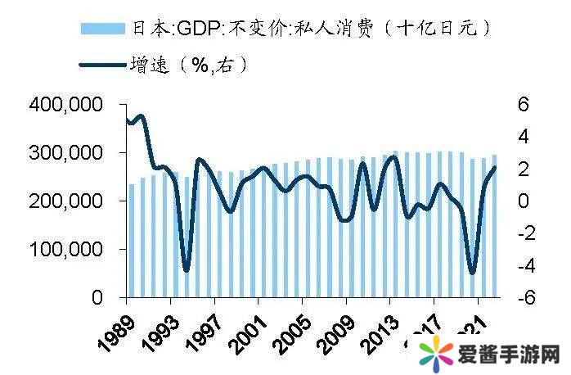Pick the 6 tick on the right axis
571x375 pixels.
[524, 105]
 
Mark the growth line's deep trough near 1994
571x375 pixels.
[187, 269]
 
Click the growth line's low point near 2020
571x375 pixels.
[472, 272]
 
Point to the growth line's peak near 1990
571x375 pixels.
[140, 115]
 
